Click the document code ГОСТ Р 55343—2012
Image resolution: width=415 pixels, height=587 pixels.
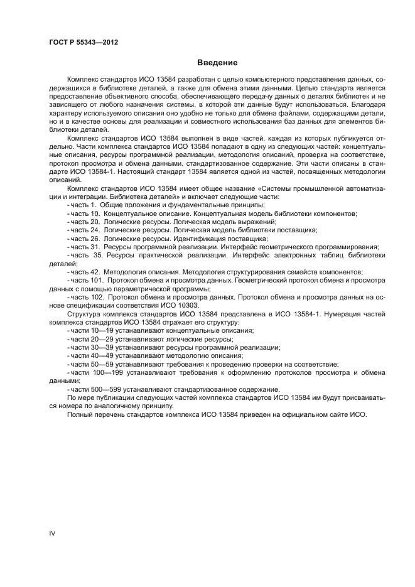[84, 42]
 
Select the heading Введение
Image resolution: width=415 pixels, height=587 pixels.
[217, 63]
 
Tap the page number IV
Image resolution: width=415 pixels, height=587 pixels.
[52, 533]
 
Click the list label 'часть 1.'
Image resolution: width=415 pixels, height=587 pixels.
[83, 205]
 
